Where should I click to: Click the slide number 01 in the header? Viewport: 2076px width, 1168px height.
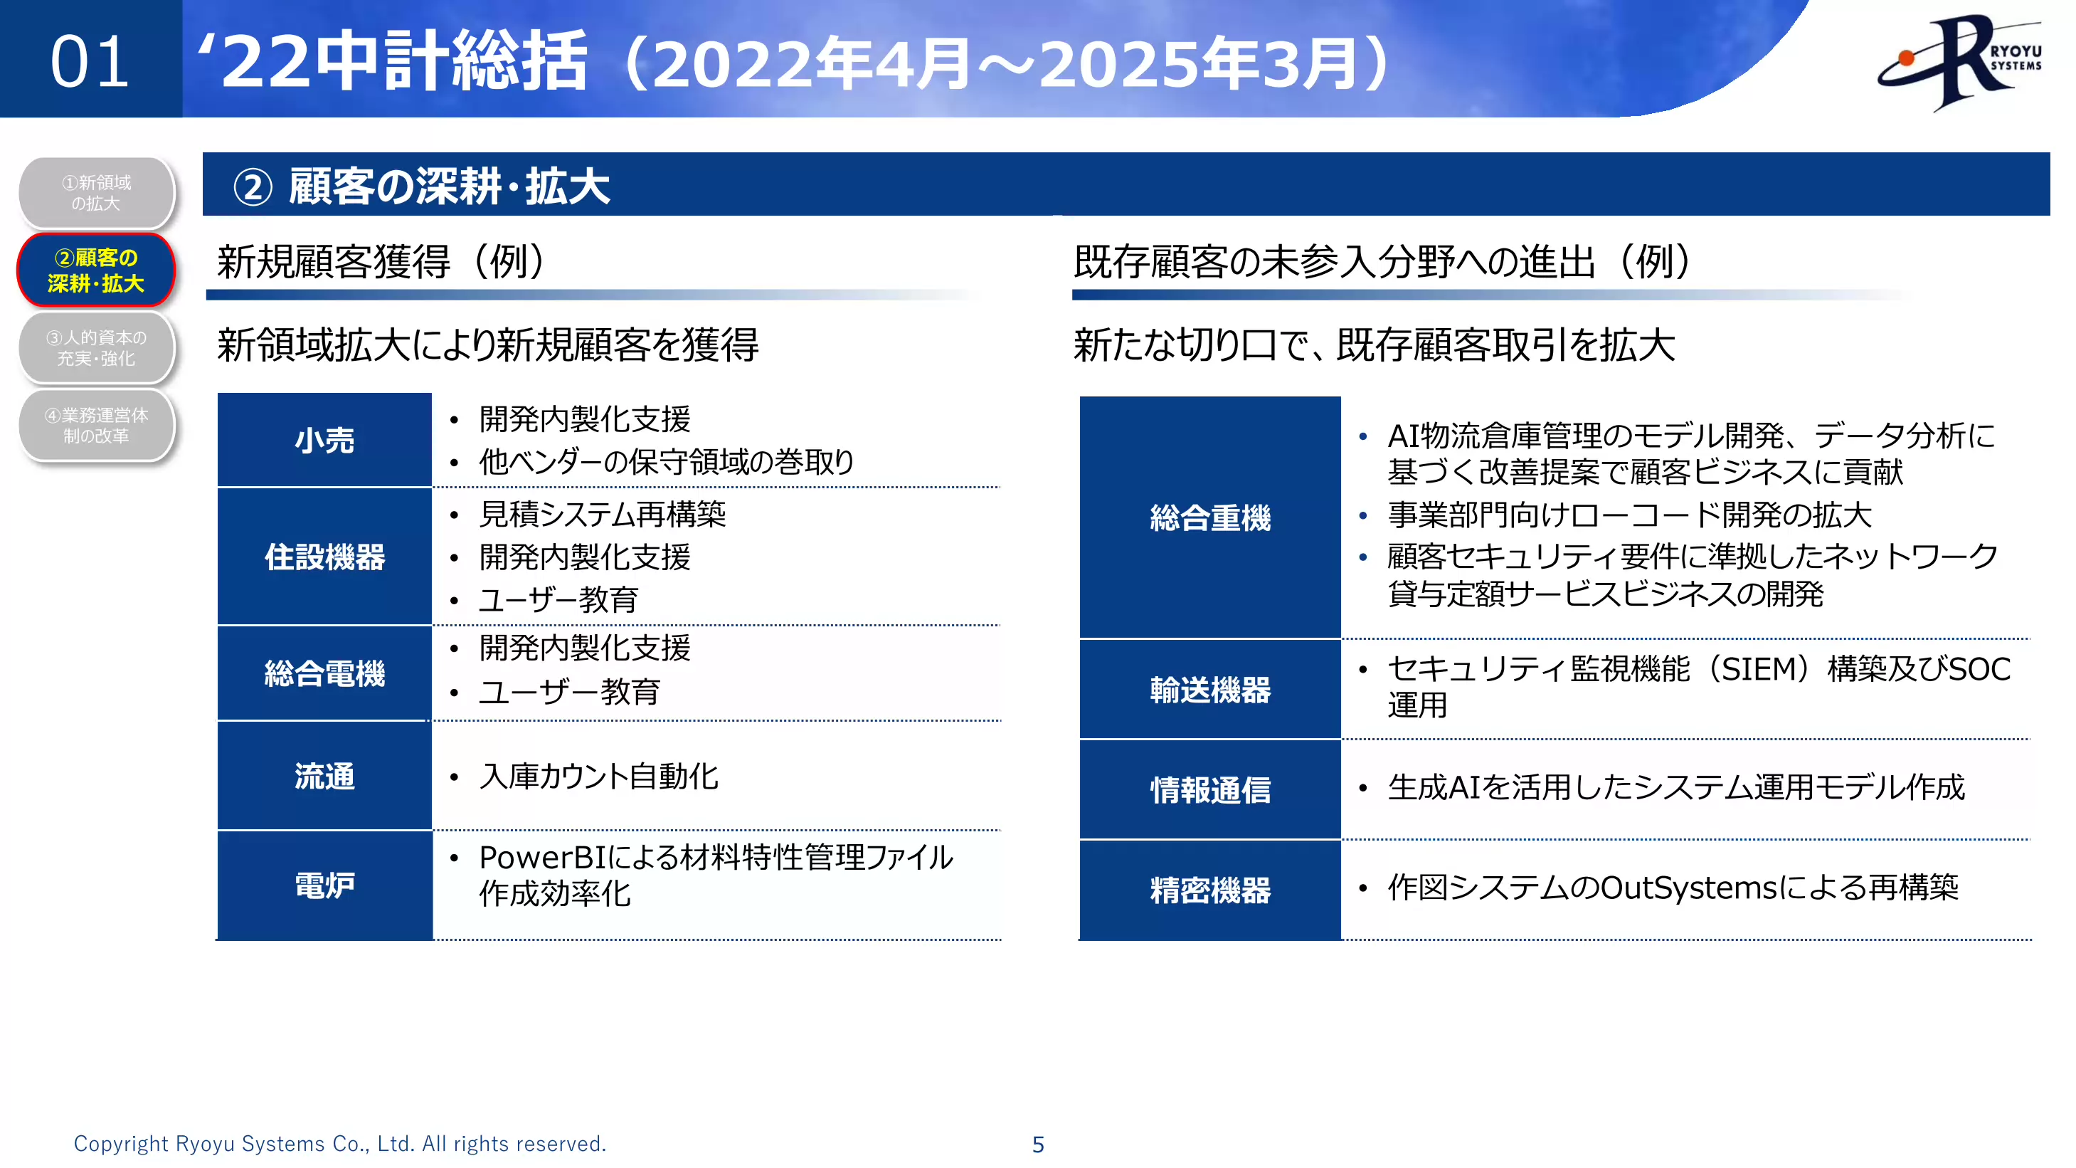coord(90,62)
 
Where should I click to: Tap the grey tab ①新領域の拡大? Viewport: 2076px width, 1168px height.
coord(96,193)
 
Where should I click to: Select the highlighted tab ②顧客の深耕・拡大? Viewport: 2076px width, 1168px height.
coord(96,270)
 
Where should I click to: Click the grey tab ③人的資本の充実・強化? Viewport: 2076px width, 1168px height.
coord(96,347)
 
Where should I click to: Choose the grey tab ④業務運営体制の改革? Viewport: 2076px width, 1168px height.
coord(96,425)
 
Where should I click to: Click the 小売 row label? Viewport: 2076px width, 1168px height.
coord(324,440)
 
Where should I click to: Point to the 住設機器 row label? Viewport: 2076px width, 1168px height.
coord(324,556)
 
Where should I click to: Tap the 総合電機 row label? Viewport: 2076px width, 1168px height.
coord(324,673)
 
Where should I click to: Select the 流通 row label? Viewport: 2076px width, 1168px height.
coord(324,775)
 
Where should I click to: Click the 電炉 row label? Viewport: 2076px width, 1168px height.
coord(324,885)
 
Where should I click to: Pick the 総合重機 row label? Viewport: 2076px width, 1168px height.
coord(1209,517)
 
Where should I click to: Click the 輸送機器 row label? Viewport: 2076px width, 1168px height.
coord(1209,690)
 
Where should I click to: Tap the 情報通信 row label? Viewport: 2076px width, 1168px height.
coord(1209,790)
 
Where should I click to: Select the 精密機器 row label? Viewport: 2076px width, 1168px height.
coord(1209,890)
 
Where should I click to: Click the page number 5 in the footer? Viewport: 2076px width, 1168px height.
coord(1038,1144)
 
